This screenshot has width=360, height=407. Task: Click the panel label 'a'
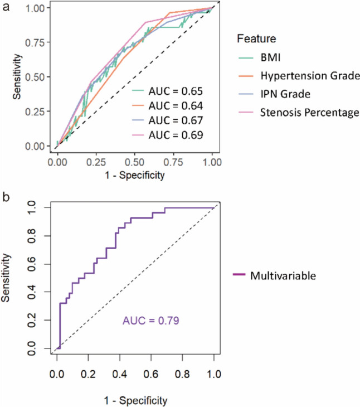tap(6, 7)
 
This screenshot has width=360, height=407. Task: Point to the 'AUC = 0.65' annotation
tap(171, 90)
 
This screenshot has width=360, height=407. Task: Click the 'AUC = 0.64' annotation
tap(171, 105)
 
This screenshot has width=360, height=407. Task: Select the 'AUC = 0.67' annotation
tap(171, 120)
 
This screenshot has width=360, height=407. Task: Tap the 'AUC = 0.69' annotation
tap(171, 135)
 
